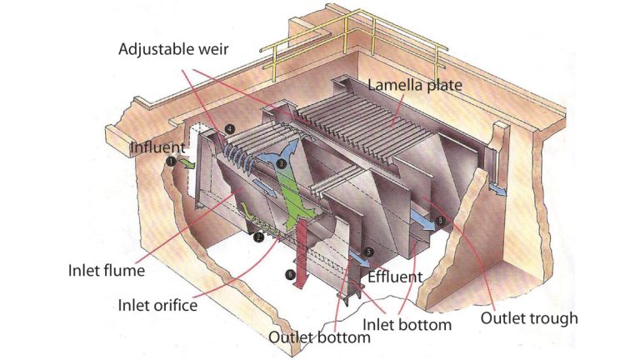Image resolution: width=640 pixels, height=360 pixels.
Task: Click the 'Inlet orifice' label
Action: tap(157, 305)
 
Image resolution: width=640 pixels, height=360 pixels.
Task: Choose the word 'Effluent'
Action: tap(396, 277)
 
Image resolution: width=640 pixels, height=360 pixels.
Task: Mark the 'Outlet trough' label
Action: tap(528, 317)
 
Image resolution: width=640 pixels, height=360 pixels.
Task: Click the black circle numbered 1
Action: tap(170, 163)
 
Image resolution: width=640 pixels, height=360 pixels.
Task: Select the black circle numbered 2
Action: tap(259, 237)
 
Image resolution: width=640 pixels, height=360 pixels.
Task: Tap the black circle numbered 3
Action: tap(282, 164)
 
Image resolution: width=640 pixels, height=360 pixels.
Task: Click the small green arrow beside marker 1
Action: tap(187, 167)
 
